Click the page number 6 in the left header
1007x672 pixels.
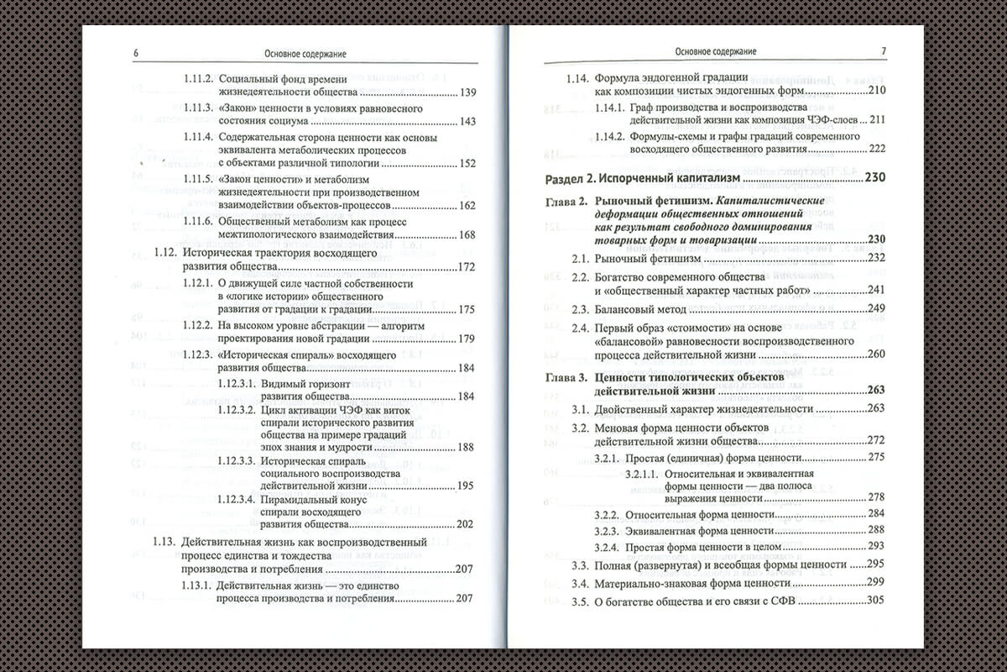tap(136, 53)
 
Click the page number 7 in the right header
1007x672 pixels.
tap(884, 51)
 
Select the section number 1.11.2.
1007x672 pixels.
tap(199, 77)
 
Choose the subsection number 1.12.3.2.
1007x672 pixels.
tap(237, 409)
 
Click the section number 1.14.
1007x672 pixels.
tap(576, 77)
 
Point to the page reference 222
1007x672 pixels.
tap(878, 149)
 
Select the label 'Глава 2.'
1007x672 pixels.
tap(566, 202)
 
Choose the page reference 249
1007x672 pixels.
tap(878, 308)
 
